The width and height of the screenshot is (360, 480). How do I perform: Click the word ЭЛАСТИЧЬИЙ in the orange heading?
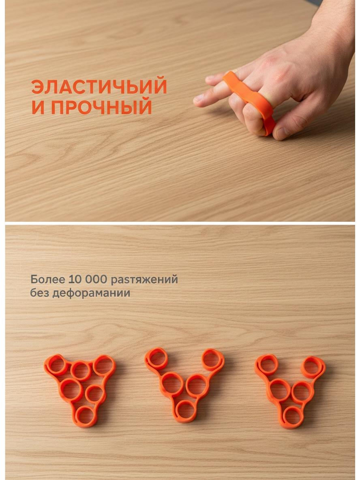[x=99, y=87]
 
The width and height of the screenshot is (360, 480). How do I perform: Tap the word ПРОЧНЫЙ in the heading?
[x=101, y=107]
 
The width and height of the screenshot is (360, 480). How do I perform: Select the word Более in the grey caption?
[x=48, y=279]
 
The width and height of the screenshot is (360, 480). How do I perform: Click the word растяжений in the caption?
[x=144, y=280]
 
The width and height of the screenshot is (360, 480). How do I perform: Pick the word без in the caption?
[x=39, y=293]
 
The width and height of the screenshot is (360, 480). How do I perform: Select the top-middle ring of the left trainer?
[x=81, y=371]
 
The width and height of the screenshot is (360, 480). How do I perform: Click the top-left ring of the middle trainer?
[x=156, y=358]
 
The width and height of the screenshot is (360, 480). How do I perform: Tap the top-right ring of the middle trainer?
[x=213, y=359]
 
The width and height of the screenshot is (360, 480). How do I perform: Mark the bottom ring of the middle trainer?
[x=186, y=411]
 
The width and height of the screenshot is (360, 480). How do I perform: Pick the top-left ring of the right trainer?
[x=267, y=365]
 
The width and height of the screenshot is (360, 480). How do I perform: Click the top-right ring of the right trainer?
[x=313, y=367]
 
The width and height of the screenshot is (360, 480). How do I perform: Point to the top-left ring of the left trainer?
[x=56, y=365]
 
